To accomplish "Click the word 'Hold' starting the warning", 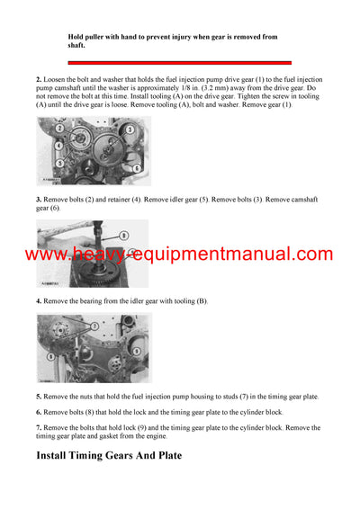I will click(x=76, y=36).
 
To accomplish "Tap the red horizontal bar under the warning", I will click(x=180, y=62).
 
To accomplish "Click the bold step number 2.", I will click(x=39, y=80).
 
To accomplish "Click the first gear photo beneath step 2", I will click(x=94, y=152).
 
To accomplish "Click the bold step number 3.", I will click(x=39, y=199).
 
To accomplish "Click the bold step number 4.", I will click(x=39, y=299).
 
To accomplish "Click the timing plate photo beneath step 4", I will click(x=94, y=348).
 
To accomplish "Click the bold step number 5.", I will click(x=39, y=396).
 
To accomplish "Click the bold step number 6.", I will click(x=39, y=411).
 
